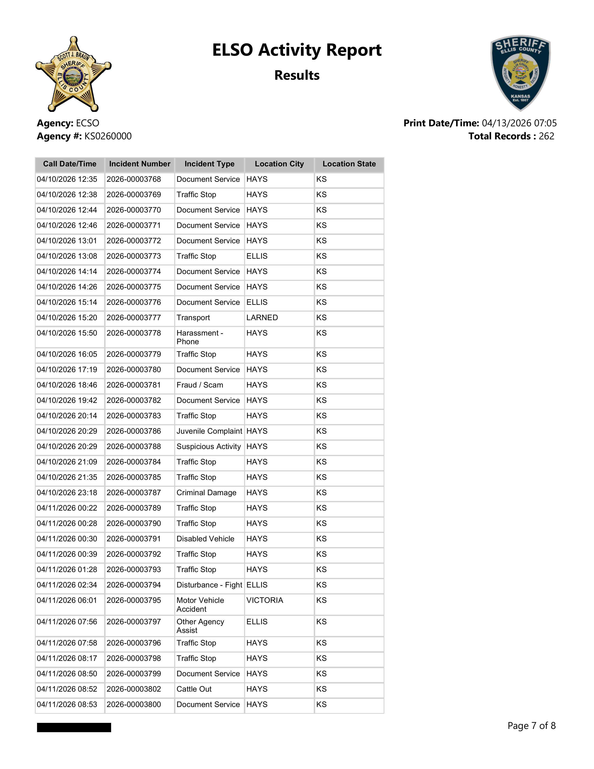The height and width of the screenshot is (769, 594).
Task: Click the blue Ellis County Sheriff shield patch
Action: [x=520, y=72]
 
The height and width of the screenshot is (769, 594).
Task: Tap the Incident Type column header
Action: [x=209, y=164]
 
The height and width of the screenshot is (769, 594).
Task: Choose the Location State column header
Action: [x=349, y=164]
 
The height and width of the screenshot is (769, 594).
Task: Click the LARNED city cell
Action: [x=262, y=318]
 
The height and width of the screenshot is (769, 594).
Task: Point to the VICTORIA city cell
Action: [x=265, y=600]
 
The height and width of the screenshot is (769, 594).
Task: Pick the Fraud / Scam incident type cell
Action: [x=200, y=385]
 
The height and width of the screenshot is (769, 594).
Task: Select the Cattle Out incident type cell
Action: [x=194, y=689]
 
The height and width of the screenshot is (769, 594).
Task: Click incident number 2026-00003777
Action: [x=134, y=318]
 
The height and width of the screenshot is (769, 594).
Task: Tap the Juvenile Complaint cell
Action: [x=209, y=431]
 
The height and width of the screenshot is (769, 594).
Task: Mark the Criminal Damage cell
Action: [x=207, y=493]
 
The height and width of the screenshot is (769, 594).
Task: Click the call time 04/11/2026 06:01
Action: [x=67, y=600]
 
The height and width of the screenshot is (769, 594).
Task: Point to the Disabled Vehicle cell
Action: [x=205, y=539]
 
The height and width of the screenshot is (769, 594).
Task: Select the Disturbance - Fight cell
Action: [x=209, y=585]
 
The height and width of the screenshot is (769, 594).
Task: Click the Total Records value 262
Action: [x=546, y=136]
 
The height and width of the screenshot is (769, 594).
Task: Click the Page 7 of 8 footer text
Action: [x=531, y=726]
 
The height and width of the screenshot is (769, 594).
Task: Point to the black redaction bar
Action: [x=74, y=728]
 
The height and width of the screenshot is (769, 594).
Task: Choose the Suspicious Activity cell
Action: [x=209, y=446]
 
